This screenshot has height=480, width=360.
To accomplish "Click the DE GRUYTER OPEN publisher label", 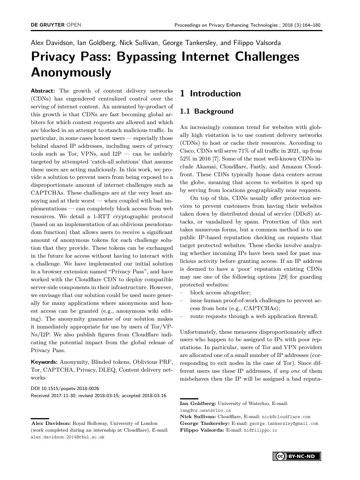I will pyautogui.click(x=56, y=25).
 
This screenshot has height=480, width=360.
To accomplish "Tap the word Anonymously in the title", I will pyautogui.click(x=71, y=72).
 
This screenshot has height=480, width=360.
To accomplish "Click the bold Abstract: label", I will pyautogui.click(x=43, y=91).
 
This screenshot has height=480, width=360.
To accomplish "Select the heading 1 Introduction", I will pyautogui.click(x=210, y=94).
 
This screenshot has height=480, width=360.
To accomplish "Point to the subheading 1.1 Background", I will pyautogui.click(x=207, y=111).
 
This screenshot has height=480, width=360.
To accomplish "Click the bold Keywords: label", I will pyautogui.click(x=44, y=362).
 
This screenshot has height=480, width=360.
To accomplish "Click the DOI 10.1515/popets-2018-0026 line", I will pyautogui.click(x=65, y=388).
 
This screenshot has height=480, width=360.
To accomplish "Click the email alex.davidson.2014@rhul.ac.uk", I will pyautogui.click(x=67, y=437).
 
